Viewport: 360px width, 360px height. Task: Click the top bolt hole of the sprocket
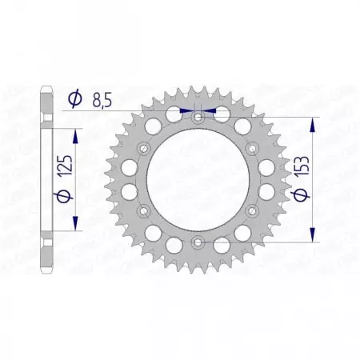[198, 118]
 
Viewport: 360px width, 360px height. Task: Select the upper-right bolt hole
[250, 148]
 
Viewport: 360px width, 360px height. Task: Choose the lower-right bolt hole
[250, 209]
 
